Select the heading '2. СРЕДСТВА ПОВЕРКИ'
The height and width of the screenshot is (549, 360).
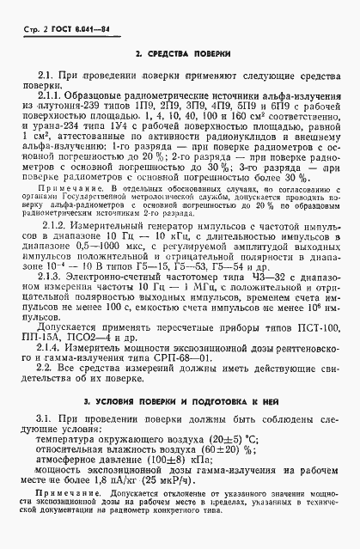(x=180, y=54)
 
